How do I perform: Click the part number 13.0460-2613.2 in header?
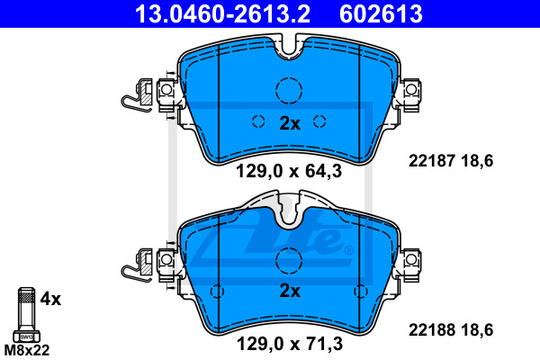click(222, 13)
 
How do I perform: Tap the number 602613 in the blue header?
click(381, 13)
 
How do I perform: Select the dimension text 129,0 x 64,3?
click(289, 171)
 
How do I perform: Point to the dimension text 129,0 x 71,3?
click(290, 344)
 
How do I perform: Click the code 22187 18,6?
click(451, 161)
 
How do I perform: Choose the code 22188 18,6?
click(451, 330)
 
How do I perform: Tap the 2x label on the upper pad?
click(290, 123)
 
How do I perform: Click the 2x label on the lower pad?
click(290, 291)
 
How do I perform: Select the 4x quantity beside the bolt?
click(50, 299)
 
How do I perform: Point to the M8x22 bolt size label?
click(27, 350)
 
